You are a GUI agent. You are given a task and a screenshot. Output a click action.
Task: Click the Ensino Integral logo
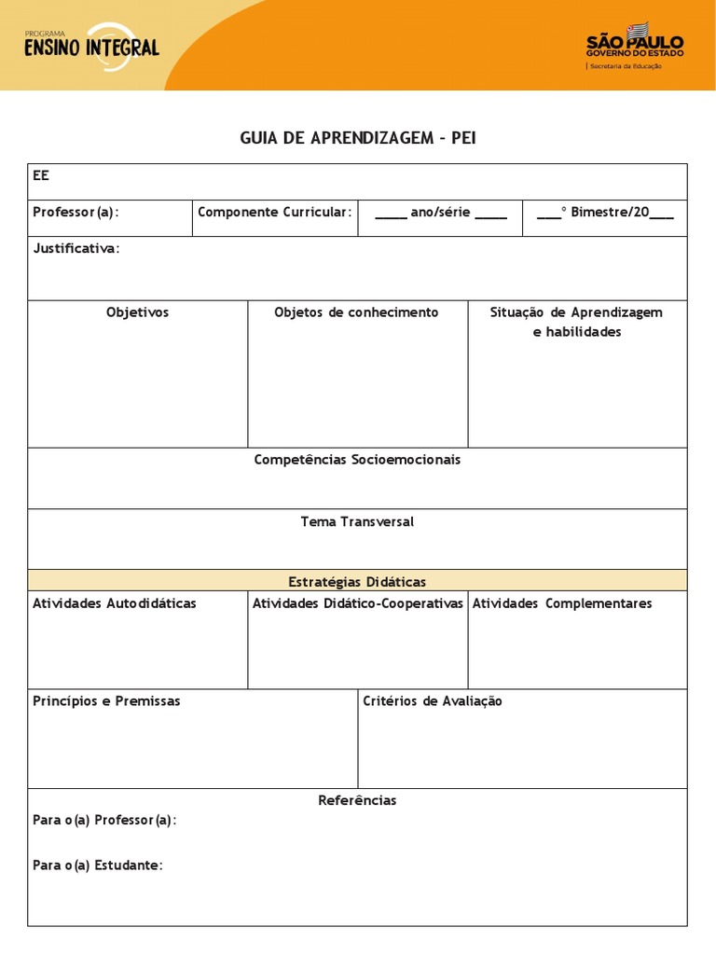point(91,43)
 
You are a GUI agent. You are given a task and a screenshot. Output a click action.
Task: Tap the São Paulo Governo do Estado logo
point(634,47)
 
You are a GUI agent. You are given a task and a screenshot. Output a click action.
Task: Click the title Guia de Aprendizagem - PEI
point(358,138)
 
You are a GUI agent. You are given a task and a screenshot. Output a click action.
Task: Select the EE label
point(41,175)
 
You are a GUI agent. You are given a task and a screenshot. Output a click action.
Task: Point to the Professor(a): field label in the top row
point(76,212)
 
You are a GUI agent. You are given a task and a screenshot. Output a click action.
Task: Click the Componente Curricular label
point(275,212)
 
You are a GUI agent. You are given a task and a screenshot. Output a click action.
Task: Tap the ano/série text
point(440,212)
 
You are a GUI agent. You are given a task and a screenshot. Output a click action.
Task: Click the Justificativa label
point(76,248)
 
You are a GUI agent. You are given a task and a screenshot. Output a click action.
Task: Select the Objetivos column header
point(137,312)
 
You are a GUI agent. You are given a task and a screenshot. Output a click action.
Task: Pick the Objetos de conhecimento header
point(356,312)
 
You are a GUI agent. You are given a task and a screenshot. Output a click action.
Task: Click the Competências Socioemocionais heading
point(357,460)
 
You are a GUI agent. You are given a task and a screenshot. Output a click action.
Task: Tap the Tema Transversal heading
point(357,521)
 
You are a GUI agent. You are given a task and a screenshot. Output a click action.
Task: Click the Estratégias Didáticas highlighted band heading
point(357,581)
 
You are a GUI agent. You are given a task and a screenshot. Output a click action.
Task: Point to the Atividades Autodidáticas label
point(115,603)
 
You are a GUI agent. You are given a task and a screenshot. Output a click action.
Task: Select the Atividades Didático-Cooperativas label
point(358,603)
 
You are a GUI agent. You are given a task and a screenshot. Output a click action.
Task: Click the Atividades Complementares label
point(562,603)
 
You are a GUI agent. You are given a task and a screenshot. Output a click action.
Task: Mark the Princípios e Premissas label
point(106,700)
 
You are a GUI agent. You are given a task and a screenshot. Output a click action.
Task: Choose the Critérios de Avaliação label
point(433,700)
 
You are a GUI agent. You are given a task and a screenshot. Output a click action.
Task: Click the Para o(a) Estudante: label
point(97,865)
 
